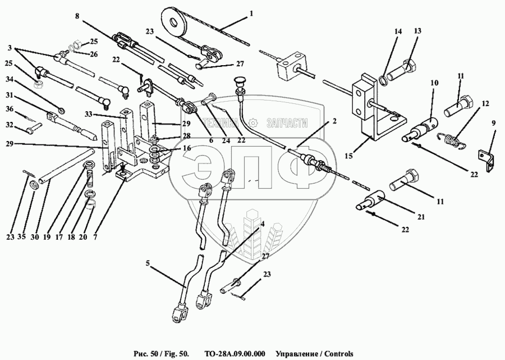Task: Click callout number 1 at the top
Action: tap(252, 12)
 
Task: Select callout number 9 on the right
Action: tap(494, 122)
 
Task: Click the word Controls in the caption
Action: tap(336, 354)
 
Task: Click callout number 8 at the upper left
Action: tap(77, 16)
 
